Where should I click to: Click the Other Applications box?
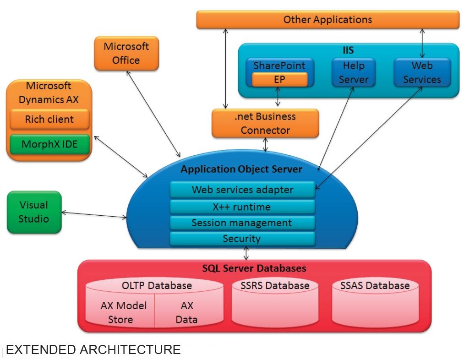click(x=328, y=20)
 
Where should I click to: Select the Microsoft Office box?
click(x=126, y=54)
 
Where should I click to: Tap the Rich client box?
click(x=49, y=120)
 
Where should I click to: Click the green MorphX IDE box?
click(x=49, y=145)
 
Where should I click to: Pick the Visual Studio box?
click(x=34, y=212)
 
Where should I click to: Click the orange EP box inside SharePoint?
click(x=279, y=79)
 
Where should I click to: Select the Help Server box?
click(x=353, y=72)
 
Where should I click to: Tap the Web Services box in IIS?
click(x=422, y=72)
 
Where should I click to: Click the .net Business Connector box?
click(x=265, y=123)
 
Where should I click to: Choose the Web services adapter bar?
click(x=242, y=190)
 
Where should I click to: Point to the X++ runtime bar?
click(x=242, y=207)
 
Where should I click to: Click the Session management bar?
click(x=242, y=223)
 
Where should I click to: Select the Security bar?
click(x=242, y=239)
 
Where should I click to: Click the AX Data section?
click(x=187, y=312)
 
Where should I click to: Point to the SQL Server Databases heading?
click(x=254, y=268)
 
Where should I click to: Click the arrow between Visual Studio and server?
click(x=94, y=214)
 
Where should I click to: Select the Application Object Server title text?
click(x=241, y=169)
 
